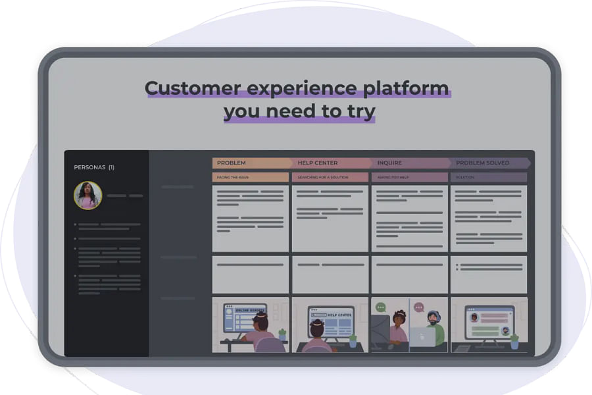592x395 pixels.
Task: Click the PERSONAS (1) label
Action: click(x=94, y=167)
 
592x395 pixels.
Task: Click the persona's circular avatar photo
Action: click(x=87, y=196)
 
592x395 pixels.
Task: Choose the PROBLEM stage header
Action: click(x=232, y=163)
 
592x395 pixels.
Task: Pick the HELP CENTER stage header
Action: click(x=318, y=163)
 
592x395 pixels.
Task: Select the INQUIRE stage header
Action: click(x=389, y=163)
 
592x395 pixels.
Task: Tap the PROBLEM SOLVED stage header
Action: click(x=482, y=163)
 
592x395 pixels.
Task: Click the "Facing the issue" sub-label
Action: click(x=232, y=177)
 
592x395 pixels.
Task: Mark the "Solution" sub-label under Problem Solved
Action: click(x=464, y=177)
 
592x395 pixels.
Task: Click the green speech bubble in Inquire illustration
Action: click(x=380, y=307)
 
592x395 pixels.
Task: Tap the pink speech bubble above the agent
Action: click(x=418, y=307)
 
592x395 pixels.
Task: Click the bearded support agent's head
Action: click(x=433, y=318)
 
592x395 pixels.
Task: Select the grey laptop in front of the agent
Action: click(x=422, y=336)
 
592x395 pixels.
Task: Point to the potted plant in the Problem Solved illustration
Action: click(x=514, y=341)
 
